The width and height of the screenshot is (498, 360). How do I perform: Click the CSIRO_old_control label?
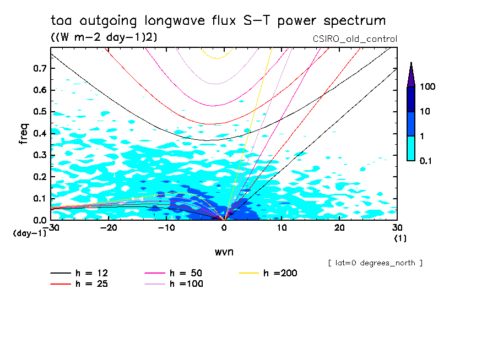pos(354,39)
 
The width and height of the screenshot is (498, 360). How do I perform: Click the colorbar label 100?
pos(428,87)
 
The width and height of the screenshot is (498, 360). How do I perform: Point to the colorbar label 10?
pos(426,112)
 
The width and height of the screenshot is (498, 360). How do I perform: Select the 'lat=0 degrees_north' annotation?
pos(375,263)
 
